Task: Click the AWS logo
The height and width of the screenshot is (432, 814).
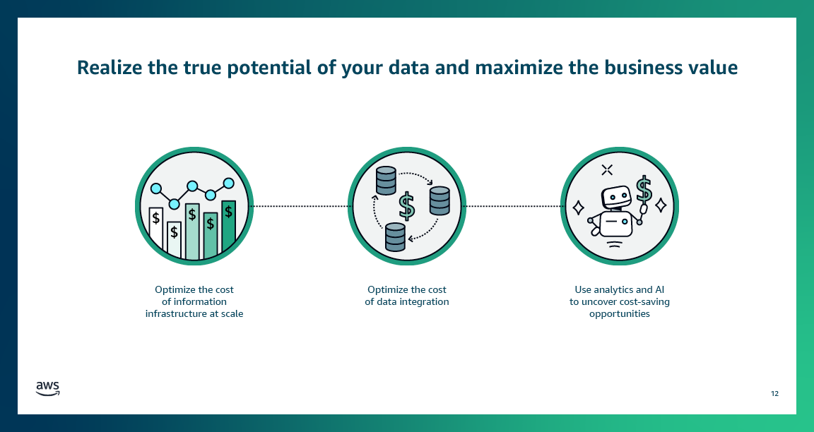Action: (47, 388)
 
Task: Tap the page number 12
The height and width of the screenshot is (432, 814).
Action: (774, 393)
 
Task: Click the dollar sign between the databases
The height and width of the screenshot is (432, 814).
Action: (406, 206)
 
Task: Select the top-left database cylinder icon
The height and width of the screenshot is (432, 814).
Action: (385, 181)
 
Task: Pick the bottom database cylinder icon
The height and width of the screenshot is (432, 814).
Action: (395, 236)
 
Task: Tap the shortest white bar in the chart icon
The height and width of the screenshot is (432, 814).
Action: (174, 239)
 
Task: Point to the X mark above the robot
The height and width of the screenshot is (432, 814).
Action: (606, 169)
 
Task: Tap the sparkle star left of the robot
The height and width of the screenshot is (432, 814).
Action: (577, 208)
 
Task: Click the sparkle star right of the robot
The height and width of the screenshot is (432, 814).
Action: (661, 205)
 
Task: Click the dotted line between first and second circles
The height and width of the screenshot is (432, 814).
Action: (300, 206)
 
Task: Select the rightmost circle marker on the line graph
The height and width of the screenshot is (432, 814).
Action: (228, 183)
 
